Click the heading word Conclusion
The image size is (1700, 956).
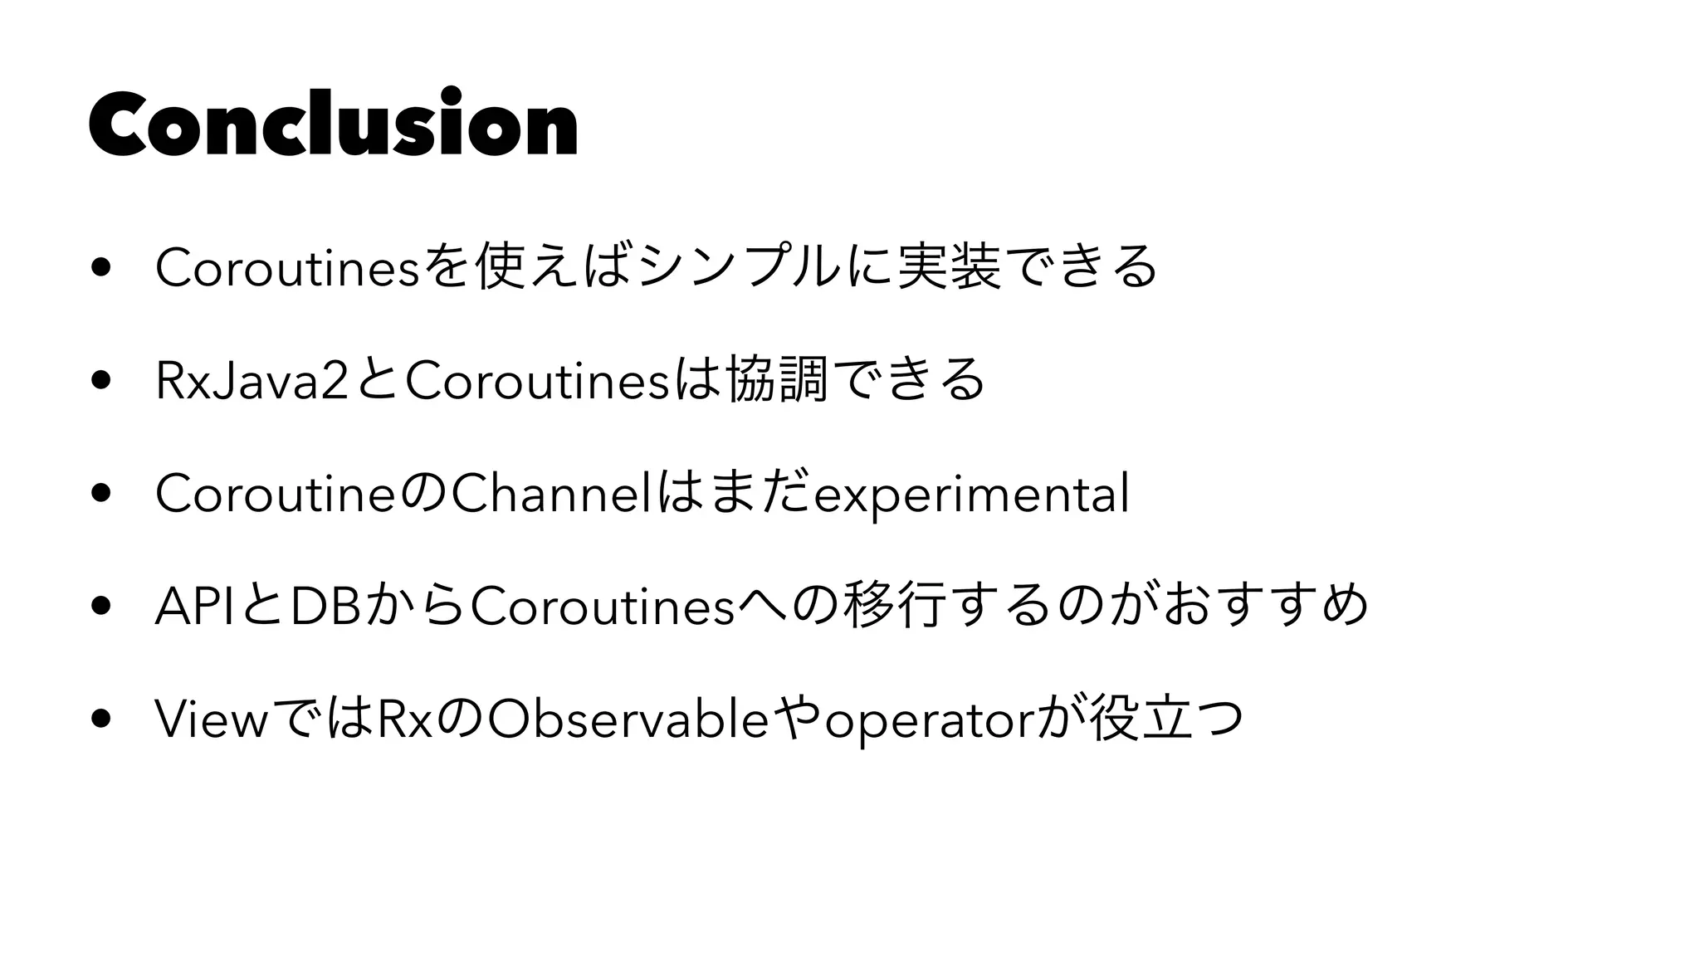point(333,123)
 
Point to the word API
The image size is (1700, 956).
point(196,607)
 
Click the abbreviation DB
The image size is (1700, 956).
point(327,607)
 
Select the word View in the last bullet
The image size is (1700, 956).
point(211,719)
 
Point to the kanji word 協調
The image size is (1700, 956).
point(777,381)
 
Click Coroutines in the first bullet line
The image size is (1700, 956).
point(287,268)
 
